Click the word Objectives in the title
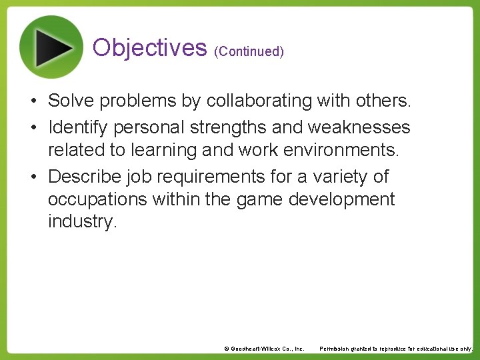pos(149,47)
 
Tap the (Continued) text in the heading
pos(249,51)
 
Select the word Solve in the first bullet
pos(70,101)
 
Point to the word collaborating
pos(258,101)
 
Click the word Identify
pos(75,127)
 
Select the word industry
pos(82,221)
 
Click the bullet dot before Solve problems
pos(32,101)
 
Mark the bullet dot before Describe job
pos(32,177)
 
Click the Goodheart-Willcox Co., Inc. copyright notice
pos(264,349)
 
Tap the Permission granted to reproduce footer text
pos(396,349)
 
